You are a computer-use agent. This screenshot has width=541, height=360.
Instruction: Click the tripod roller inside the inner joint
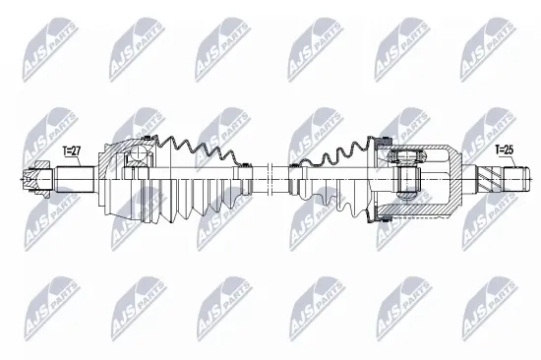coord(407,179)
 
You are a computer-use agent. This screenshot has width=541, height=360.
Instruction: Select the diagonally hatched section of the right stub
coord(489,180)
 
